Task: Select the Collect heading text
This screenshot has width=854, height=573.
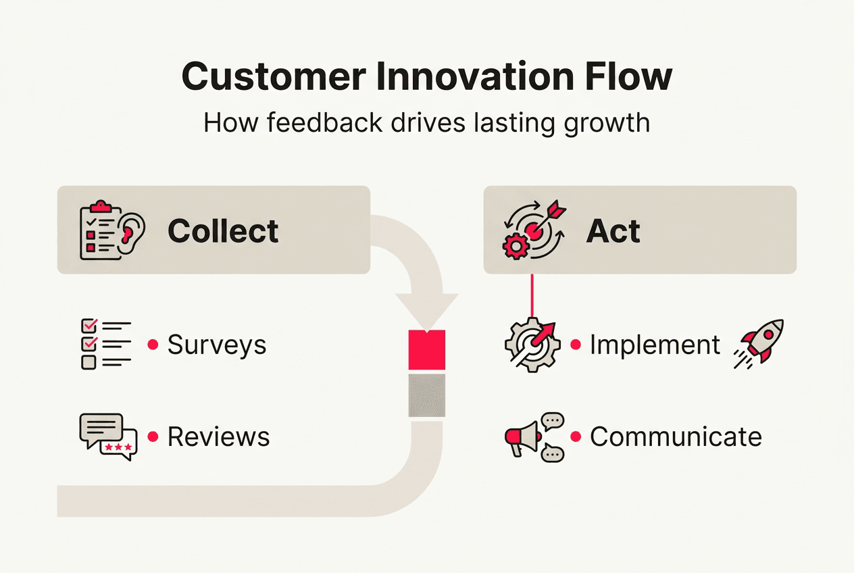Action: click(x=223, y=231)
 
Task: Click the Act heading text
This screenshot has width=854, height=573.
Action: click(x=613, y=231)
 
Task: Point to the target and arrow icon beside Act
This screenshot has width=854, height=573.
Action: click(x=532, y=230)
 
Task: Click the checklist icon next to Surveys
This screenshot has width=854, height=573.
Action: click(x=105, y=344)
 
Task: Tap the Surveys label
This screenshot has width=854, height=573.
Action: click(x=217, y=345)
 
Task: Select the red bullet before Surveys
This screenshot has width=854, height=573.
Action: click(x=153, y=345)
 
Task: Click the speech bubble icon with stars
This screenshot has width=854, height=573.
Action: click(x=108, y=437)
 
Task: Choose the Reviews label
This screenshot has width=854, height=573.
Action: click(x=218, y=437)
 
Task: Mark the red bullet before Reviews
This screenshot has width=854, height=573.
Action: click(x=153, y=437)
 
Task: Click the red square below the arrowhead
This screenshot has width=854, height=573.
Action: click(x=427, y=349)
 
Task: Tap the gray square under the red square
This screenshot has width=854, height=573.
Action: click(x=427, y=395)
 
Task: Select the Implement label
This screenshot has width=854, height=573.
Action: click(x=655, y=345)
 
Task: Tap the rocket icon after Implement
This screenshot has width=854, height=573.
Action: click(x=759, y=344)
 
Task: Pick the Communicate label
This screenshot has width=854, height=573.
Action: click(x=676, y=437)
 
